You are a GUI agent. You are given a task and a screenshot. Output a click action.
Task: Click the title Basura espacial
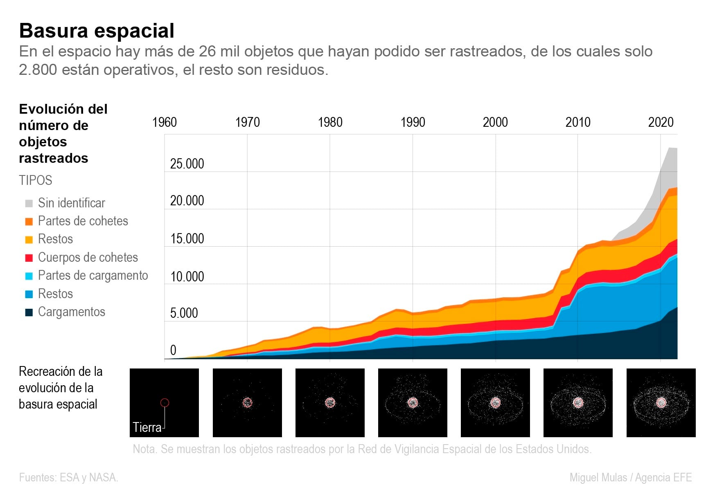point(97,31)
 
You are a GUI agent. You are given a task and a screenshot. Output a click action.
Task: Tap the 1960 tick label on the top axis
point(165,122)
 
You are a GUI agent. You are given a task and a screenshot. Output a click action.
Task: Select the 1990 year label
point(413,122)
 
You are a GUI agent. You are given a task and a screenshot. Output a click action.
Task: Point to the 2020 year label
point(661,122)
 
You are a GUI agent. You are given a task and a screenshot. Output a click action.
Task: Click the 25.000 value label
point(187,164)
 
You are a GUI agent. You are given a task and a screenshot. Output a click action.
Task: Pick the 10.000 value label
point(187,277)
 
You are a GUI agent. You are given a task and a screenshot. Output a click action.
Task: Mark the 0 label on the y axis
point(173,350)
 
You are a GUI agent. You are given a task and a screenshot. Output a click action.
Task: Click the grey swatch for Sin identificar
point(29,203)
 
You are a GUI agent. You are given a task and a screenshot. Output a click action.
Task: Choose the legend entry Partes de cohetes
point(83,221)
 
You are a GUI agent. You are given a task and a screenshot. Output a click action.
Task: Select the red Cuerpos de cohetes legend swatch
point(29,258)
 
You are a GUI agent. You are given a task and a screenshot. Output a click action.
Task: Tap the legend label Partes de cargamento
point(93,276)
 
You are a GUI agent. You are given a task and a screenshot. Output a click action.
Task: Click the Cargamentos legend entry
point(71,312)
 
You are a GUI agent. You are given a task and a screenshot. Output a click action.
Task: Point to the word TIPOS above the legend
point(36,180)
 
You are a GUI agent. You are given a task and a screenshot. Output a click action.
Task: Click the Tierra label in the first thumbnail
point(147,427)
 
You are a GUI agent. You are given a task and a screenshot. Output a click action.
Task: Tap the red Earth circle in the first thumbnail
point(165,403)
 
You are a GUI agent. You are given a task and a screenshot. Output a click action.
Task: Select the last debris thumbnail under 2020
point(661,403)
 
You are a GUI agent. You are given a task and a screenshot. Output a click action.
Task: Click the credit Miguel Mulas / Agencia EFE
point(630,478)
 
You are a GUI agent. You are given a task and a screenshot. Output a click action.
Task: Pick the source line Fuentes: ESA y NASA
point(68,478)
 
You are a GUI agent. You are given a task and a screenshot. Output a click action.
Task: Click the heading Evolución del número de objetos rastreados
point(63,134)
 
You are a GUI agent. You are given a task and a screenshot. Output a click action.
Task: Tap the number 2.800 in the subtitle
point(38,70)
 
